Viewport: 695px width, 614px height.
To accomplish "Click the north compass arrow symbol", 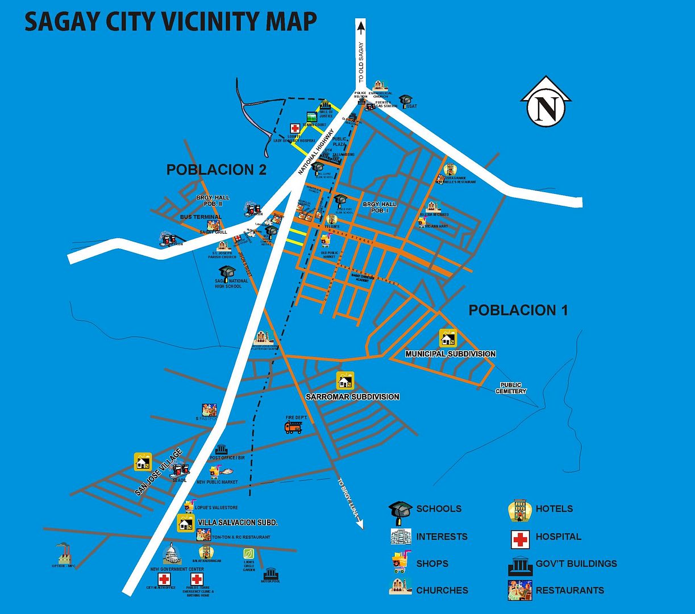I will pyautogui.click(x=546, y=102).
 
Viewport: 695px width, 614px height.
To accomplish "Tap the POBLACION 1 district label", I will pyautogui.click(x=518, y=310).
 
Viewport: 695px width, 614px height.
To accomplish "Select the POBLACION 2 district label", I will pyautogui.click(x=216, y=169).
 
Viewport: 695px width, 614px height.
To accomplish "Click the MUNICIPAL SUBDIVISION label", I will pyautogui.click(x=450, y=354).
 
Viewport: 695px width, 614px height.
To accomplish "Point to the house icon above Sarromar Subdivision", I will pyautogui.click(x=345, y=380).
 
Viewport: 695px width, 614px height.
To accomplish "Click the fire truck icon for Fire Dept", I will pyautogui.click(x=293, y=427).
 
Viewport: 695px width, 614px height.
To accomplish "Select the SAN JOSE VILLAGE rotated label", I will pyautogui.click(x=159, y=472).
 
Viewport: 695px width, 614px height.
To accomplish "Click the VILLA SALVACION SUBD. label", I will pyautogui.click(x=237, y=522).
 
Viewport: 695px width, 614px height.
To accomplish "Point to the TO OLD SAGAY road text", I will pyautogui.click(x=360, y=63).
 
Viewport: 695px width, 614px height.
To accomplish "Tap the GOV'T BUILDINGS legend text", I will pyautogui.click(x=576, y=563).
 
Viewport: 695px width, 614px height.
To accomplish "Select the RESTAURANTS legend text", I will pyautogui.click(x=569, y=590).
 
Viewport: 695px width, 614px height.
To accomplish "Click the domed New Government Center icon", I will pyautogui.click(x=171, y=554).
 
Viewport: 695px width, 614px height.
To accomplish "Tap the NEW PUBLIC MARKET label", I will pyautogui.click(x=217, y=482).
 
